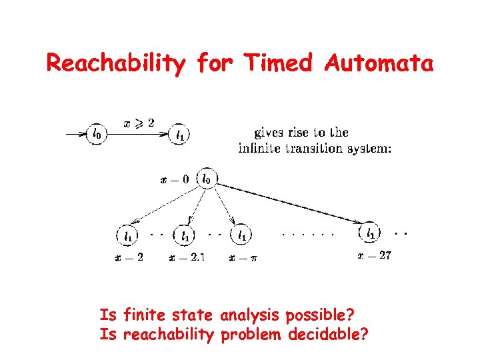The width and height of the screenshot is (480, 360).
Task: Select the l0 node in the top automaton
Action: pos(97,134)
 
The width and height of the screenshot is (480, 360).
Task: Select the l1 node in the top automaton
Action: pos(180,135)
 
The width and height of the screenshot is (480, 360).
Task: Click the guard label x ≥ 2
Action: pos(139,123)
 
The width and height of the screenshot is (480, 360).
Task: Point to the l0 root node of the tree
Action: pos(207,179)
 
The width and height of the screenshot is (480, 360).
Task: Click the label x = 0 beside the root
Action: pos(175,179)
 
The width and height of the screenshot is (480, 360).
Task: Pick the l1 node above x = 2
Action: pos(127,235)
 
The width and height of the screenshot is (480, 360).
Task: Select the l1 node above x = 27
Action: pos(371,233)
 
